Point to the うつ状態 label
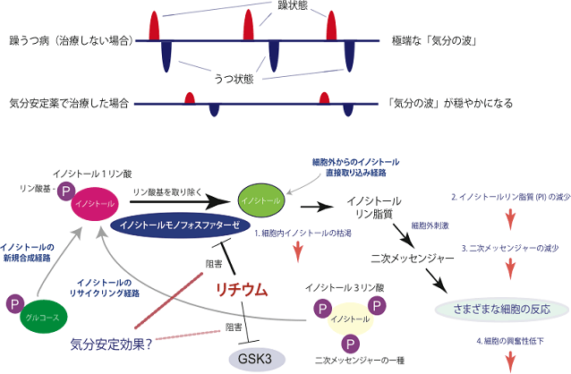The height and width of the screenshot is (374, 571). (235, 78)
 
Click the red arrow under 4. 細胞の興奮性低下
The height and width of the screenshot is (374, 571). (510, 361)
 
